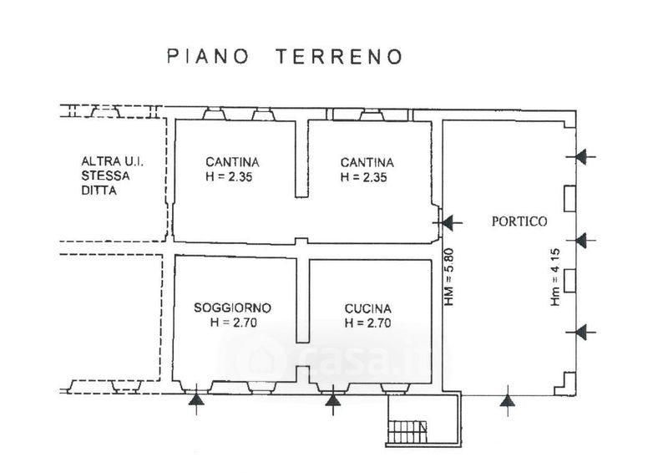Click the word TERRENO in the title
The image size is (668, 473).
[340, 57]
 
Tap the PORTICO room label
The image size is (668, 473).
[519, 221]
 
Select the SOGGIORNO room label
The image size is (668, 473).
[232, 308]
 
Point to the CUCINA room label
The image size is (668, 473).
[368, 308]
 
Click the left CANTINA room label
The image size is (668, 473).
[232, 162]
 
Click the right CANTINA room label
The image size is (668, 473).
[367, 162]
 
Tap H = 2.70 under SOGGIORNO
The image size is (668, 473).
[232, 323]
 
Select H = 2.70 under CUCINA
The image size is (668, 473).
[368, 323]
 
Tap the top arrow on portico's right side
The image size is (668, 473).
[585, 156]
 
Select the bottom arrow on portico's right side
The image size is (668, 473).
[585, 333]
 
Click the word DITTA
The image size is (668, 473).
[99, 191]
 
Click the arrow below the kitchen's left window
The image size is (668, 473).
[333, 401]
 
